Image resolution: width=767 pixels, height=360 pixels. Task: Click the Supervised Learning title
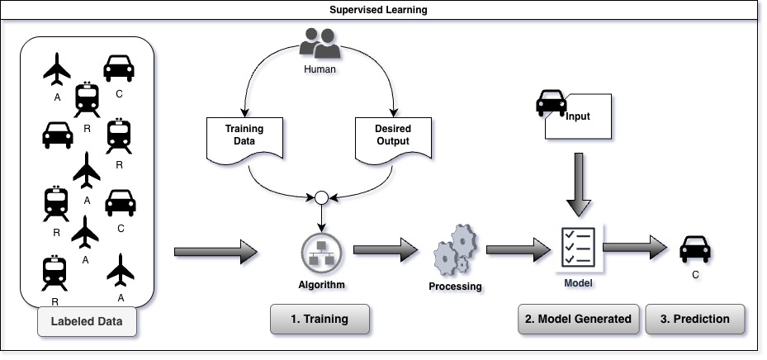click(x=383, y=11)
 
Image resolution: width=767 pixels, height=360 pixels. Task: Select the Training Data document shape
click(x=244, y=138)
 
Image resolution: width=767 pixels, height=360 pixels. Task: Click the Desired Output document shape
click(x=393, y=138)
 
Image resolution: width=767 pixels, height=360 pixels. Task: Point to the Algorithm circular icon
click(x=320, y=252)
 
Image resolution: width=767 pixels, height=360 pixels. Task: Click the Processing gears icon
click(x=454, y=249)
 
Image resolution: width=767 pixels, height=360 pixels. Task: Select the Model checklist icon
click(x=576, y=245)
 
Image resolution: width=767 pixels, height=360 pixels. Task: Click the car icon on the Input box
click(x=551, y=104)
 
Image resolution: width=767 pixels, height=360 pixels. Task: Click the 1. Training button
click(x=320, y=320)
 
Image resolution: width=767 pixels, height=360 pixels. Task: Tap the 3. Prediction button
click(x=694, y=320)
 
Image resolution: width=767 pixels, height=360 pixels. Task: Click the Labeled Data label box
click(x=86, y=322)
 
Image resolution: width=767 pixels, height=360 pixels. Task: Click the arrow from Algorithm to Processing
click(x=386, y=248)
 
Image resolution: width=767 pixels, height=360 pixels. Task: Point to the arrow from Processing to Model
click(x=518, y=247)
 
